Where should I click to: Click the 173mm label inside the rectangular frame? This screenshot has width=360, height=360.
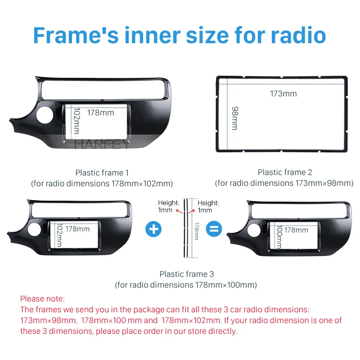[x=283, y=94]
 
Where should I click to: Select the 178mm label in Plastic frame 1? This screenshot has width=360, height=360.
[x=100, y=112]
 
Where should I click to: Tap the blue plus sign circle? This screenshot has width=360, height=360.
[x=154, y=229]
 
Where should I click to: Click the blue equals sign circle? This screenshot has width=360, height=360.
[x=214, y=229]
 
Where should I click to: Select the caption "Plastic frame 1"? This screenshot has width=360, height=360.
[x=102, y=172]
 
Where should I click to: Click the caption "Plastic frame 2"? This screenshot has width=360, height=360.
[x=285, y=172]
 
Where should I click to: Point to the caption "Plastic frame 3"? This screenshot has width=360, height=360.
[x=187, y=274]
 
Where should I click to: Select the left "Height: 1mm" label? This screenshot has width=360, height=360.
[x=168, y=207]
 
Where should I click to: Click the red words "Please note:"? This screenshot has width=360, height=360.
[x=43, y=299]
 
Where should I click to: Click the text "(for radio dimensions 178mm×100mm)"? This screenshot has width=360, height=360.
[x=186, y=285]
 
